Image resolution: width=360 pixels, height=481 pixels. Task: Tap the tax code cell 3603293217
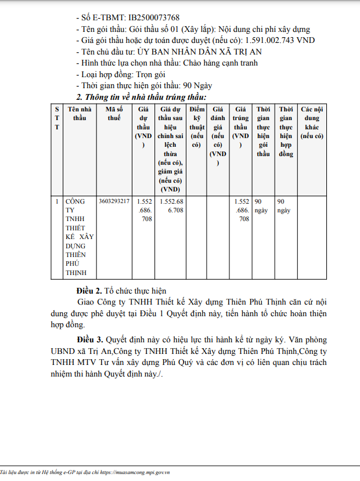click(114, 201)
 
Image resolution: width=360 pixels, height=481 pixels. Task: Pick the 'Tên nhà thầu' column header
click(80, 114)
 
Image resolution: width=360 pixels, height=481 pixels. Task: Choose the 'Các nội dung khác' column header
click(312, 122)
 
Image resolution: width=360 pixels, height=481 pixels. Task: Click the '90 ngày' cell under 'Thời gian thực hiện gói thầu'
click(262, 206)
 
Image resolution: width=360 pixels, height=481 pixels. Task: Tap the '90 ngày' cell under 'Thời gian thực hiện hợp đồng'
click(285, 206)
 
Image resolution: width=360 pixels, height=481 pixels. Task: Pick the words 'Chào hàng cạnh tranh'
click(220, 63)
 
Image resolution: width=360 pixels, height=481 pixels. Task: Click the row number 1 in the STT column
click(57, 201)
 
